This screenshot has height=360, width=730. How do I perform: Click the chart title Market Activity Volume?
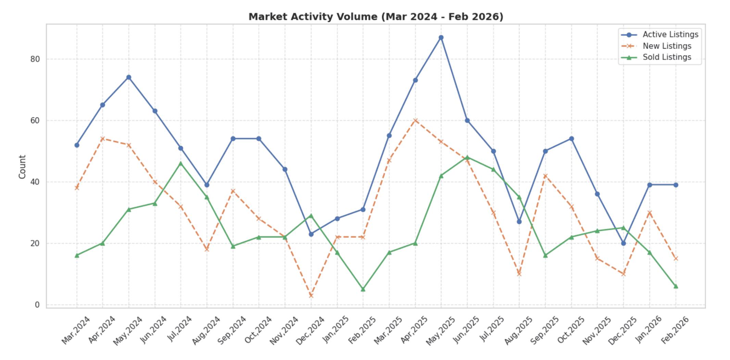(376, 17)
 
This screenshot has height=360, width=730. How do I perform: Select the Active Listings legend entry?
(670, 35)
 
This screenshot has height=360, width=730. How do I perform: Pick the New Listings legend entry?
(667, 46)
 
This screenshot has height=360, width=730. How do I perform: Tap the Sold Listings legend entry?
(667, 57)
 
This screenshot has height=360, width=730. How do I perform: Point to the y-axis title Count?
(22, 167)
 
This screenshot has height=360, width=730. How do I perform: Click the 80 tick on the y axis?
(35, 59)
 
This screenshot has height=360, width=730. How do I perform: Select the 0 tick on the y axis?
(37, 305)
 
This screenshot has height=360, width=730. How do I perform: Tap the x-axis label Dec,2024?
(310, 330)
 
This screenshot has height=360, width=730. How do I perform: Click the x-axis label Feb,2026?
(675, 330)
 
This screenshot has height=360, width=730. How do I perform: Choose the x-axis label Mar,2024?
(76, 330)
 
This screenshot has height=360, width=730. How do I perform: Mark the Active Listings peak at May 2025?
(441, 38)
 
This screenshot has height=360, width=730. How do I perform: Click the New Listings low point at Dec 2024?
(311, 296)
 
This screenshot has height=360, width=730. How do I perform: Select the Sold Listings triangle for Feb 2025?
(363, 290)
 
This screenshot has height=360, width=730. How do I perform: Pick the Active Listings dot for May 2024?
(129, 77)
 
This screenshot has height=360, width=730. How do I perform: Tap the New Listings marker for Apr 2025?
(415, 120)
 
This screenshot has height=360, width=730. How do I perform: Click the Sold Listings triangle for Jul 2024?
(181, 163)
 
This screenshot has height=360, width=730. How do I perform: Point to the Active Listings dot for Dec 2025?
(624, 243)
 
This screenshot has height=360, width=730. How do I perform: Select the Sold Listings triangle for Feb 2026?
(676, 286)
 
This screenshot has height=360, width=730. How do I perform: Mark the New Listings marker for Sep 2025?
(545, 176)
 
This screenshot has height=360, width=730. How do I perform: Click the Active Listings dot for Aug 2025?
(519, 222)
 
